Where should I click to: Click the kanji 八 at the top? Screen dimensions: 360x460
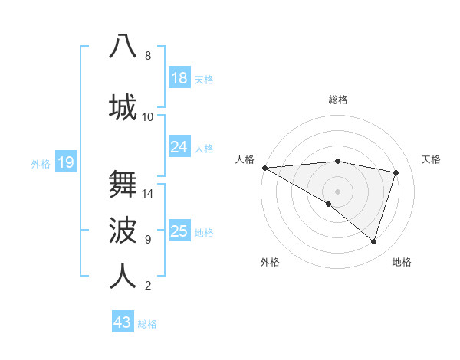[x=123, y=45]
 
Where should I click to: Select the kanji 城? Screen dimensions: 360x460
[x=123, y=106]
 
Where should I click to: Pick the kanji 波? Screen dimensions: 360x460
[x=123, y=229]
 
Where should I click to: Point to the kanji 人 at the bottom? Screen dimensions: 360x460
[x=123, y=275]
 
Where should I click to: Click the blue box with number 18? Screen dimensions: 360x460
[x=179, y=78]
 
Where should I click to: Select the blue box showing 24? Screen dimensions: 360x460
[x=179, y=147]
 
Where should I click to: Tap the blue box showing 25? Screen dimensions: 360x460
[x=179, y=231]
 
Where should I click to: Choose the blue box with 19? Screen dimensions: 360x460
[x=66, y=162]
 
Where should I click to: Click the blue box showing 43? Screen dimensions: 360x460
[x=123, y=322]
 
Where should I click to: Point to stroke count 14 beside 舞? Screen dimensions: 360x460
[x=148, y=194]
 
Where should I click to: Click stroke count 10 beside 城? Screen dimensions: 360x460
[x=148, y=117]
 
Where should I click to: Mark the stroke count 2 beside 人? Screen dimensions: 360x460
[x=148, y=286]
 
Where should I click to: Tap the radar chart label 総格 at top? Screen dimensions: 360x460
[x=338, y=100]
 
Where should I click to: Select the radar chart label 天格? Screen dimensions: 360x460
[x=432, y=159]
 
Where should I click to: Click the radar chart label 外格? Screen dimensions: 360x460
[x=270, y=262]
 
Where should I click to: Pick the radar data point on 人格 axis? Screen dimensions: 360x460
[x=264, y=168]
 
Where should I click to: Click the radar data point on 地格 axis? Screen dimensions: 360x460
[x=373, y=242]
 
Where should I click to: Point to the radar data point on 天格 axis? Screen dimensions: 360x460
[x=396, y=172]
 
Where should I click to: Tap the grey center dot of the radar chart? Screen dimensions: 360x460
[x=337, y=191]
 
